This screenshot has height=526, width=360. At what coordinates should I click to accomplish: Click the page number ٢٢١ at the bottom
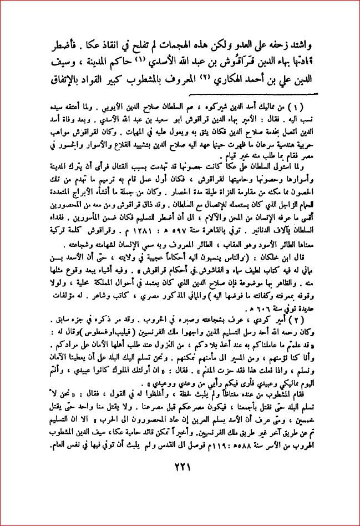180,482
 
